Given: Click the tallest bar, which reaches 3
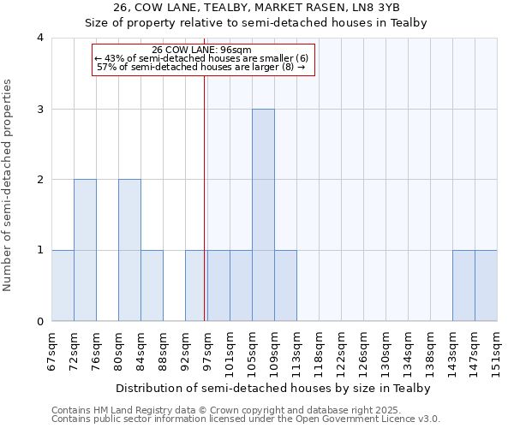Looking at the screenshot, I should click(263, 215).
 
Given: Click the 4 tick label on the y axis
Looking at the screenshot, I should click(40, 38).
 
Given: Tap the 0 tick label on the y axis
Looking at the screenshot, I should click(40, 322).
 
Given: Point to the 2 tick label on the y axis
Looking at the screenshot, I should click(40, 180).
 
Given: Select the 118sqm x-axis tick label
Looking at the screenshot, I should click(319, 350).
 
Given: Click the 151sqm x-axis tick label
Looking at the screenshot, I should click(497, 350).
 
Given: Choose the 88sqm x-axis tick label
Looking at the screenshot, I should click(163, 348).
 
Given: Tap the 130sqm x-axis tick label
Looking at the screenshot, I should click(385, 350).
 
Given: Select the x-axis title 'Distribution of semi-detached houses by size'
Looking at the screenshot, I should click(272, 388).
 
